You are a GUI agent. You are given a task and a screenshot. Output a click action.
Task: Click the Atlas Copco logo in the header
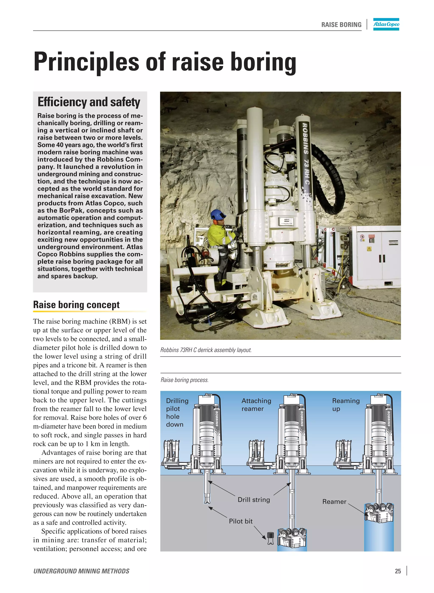coord(386,24)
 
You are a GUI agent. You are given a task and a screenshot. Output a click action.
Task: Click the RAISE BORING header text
coord(341,25)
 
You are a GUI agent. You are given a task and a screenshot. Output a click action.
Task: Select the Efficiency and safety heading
coord(89,102)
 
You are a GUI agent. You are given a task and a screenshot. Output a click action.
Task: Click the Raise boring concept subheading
coord(76,305)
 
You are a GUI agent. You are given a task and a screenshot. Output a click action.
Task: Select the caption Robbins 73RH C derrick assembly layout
coord(206,350)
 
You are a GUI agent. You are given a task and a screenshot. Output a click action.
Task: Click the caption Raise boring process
coord(184,380)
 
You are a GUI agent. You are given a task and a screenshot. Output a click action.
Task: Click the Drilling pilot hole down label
coord(177,412)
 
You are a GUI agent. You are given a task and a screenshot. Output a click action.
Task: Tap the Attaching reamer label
coord(256,405)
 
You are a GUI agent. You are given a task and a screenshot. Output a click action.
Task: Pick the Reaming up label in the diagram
coord(345,405)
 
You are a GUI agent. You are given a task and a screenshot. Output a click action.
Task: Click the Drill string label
coord(253,500)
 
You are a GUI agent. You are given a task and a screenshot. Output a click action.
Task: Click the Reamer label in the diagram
coord(334,502)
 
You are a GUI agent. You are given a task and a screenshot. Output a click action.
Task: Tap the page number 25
coord(398,571)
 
